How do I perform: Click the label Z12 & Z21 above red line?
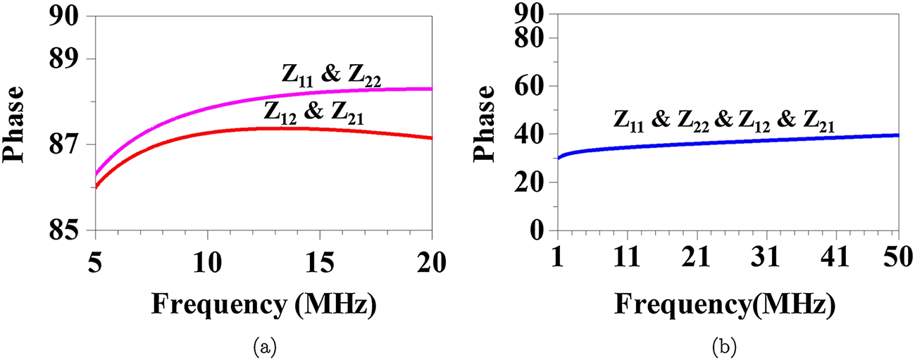pos(315,111)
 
